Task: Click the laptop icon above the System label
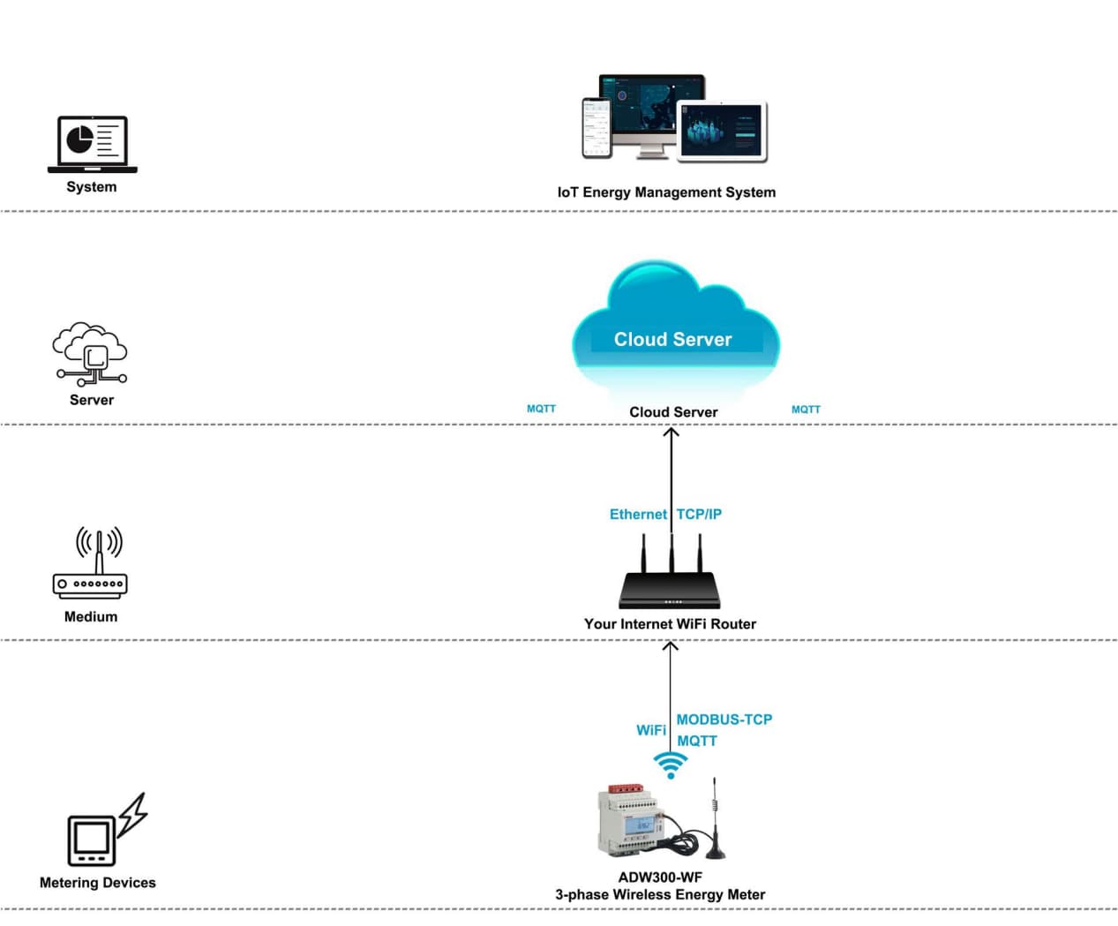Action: pos(92,144)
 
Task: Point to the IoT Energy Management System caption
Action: pos(666,192)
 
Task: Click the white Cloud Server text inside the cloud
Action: pos(672,340)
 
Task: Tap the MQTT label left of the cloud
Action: pos(541,409)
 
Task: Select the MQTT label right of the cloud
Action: pos(806,410)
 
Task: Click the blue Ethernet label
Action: pos(637,515)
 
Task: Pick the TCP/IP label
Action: pos(699,515)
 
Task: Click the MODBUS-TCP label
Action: pos(724,719)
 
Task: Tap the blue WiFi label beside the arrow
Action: pos(650,730)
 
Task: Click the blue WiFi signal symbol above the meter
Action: pos(671,764)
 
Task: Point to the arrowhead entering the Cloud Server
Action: pos(672,433)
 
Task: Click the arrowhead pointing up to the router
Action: pos(671,647)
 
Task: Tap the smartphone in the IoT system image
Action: pos(597,128)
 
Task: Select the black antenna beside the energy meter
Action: pos(715,821)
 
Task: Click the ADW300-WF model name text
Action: pos(660,877)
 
